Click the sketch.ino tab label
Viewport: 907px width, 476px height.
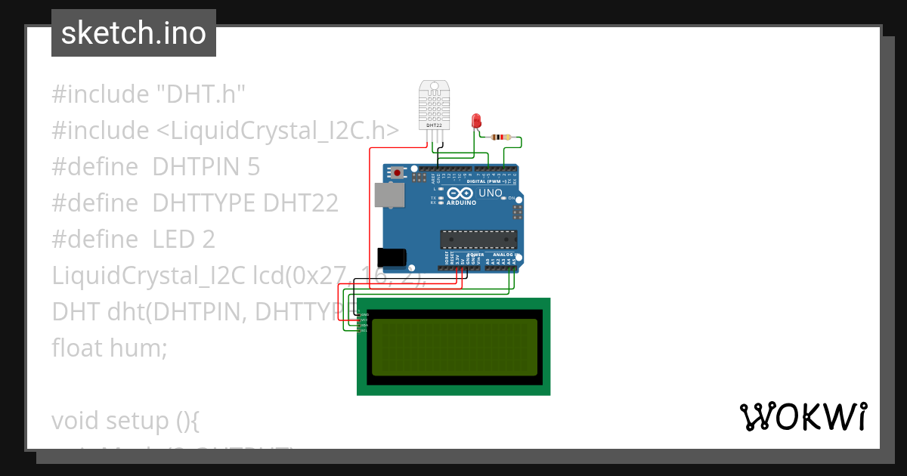pos(134,33)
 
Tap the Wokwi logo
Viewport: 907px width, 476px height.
pos(803,416)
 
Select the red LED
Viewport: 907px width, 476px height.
pos(476,120)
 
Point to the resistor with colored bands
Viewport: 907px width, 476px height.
pos(500,138)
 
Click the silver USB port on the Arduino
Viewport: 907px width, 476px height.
pos(388,195)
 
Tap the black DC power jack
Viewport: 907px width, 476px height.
pos(392,257)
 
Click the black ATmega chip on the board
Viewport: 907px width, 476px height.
pos(479,239)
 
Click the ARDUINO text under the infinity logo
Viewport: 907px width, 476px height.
pos(461,202)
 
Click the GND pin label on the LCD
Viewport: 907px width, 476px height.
pos(364,314)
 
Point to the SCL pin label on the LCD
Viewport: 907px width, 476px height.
pos(364,331)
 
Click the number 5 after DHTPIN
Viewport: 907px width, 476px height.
pos(253,167)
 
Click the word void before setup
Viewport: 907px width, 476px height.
pos(76,420)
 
